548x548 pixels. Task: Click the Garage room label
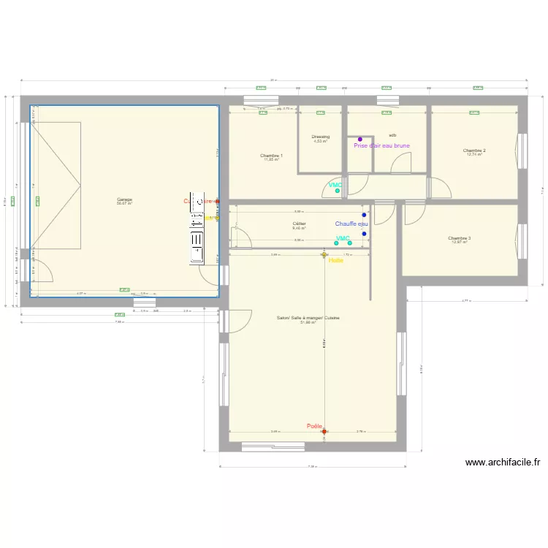(124, 199)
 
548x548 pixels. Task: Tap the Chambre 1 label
(271, 155)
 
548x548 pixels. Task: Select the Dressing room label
(320, 137)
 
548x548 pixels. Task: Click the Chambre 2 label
(474, 151)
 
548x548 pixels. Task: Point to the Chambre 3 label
(459, 237)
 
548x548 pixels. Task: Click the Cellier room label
(299, 224)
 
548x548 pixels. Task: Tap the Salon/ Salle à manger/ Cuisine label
(308, 318)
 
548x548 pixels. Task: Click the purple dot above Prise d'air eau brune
(360, 139)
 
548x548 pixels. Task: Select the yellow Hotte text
(336, 260)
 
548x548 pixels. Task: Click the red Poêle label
(314, 426)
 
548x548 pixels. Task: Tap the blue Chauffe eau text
(351, 224)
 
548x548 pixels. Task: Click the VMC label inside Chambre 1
(335, 185)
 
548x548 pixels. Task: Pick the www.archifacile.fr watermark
(503, 463)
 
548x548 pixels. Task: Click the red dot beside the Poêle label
(324, 432)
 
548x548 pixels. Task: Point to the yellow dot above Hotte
(324, 255)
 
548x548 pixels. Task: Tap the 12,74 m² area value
(474, 155)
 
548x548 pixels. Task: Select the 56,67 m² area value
(124, 204)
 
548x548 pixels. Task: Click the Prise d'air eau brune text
(381, 145)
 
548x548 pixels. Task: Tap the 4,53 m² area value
(320, 141)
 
